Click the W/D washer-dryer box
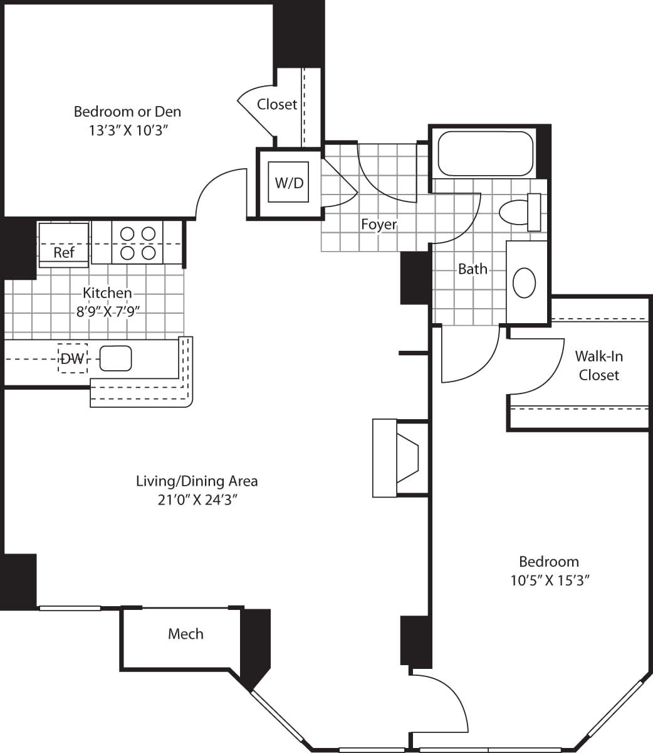coord(289,183)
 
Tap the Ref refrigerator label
coord(63,252)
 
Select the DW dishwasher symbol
coord(73,359)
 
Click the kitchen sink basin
coord(115,358)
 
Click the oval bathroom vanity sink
coord(525,282)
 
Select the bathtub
coord(485,154)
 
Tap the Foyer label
coord(379,224)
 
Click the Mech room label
coord(185,634)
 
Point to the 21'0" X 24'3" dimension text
coord(197,500)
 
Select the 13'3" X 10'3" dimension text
coord(127,131)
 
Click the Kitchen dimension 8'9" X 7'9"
coord(108,311)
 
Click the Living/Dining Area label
coord(197,481)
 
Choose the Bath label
coord(473,269)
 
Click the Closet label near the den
coord(277,104)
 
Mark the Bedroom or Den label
coord(127,112)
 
